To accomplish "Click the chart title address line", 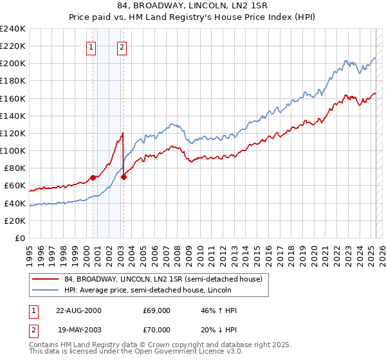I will (x=193, y=6).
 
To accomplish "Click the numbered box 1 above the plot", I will (x=91, y=46).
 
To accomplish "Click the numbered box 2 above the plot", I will (x=122, y=46).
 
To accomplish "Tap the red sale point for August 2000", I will (x=93, y=177).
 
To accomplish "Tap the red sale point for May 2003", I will (x=124, y=177).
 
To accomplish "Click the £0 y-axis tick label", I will (x=20, y=238).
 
